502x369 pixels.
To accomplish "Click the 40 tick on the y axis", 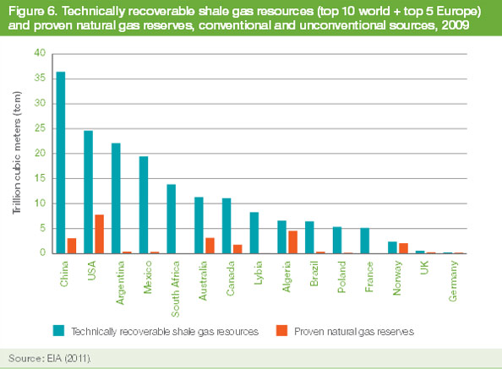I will (36, 53).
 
